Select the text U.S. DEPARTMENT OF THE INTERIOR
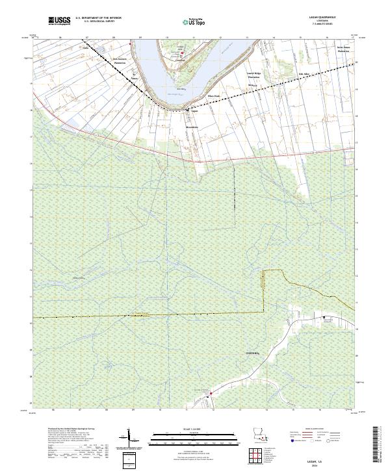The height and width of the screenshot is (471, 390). [97, 19]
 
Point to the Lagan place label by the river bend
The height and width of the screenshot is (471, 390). [193, 110]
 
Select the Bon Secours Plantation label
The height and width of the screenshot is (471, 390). [120, 60]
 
